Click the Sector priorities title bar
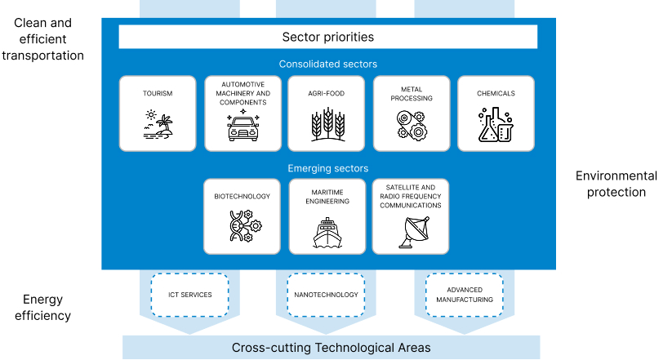(x=327, y=37)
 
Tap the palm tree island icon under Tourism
(x=158, y=127)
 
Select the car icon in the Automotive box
(x=243, y=128)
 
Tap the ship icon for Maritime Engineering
(x=327, y=232)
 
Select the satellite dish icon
(x=411, y=232)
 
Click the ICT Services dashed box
(x=189, y=295)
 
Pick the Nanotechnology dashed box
(x=327, y=295)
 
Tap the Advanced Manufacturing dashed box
(x=464, y=295)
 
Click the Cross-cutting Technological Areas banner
(x=331, y=347)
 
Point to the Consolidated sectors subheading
(x=327, y=64)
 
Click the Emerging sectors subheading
(x=327, y=168)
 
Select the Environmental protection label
(x=616, y=184)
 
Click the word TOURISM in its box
(x=158, y=93)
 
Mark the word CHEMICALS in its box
(x=496, y=93)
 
